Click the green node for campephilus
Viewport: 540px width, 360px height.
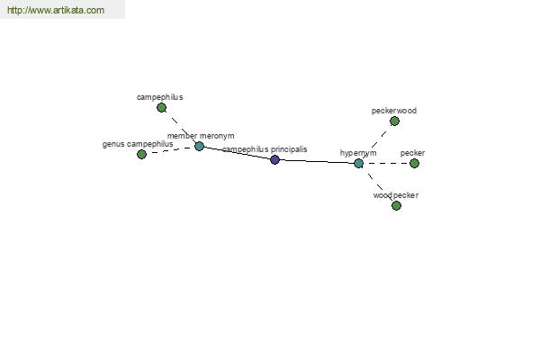pos(161,108)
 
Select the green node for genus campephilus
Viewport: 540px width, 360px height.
pos(141,154)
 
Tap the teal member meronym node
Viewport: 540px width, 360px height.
pos(199,147)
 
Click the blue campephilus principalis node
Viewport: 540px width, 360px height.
pos(274,159)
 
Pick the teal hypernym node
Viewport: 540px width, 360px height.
pos(358,163)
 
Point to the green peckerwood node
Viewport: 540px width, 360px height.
pos(394,121)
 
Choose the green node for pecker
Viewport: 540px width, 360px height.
pos(414,163)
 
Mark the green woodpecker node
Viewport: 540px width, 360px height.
pos(396,206)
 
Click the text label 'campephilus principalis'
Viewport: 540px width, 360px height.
pos(265,149)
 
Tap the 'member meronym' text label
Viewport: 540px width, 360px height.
pos(201,136)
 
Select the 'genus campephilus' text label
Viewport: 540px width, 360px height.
pos(138,144)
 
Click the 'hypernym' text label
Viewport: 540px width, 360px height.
pos(358,153)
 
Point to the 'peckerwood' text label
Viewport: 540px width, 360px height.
pos(394,111)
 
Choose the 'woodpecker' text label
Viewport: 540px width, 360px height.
pos(396,195)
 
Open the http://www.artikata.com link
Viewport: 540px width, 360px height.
pos(56,10)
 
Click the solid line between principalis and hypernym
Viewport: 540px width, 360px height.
pos(317,162)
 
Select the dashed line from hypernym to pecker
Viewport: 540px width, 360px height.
pos(386,163)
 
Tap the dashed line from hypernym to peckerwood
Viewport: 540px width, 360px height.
pos(376,142)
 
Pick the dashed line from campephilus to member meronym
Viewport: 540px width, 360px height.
pos(180,127)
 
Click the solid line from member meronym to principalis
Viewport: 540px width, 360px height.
pos(237,153)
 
